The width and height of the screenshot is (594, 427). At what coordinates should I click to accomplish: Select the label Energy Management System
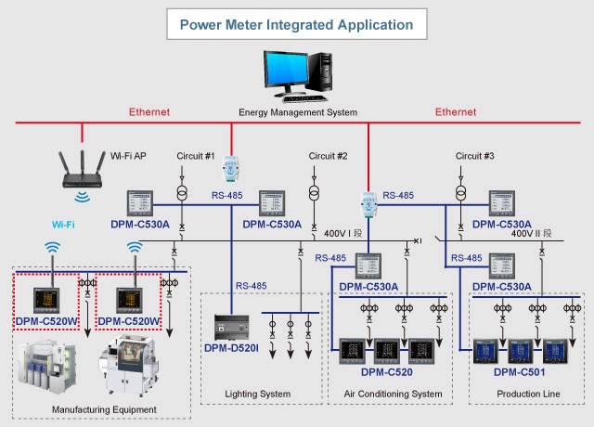pyautogui.click(x=298, y=112)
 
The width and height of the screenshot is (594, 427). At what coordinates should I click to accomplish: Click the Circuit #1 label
pyautogui.click(x=196, y=155)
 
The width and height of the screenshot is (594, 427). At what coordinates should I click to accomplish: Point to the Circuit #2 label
pyautogui.click(x=328, y=155)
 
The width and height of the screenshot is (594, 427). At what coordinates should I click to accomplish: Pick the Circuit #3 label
pyautogui.click(x=474, y=155)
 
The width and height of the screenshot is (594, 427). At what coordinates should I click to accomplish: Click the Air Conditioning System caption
pyautogui.click(x=393, y=394)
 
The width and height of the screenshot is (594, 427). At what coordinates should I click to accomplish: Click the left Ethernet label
pyautogui.click(x=150, y=112)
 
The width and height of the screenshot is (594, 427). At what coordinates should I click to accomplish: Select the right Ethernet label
pyautogui.click(x=456, y=112)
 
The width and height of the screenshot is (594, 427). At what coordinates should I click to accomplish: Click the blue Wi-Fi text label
pyautogui.click(x=63, y=225)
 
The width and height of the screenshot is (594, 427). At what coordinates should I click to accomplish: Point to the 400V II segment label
pyautogui.click(x=535, y=233)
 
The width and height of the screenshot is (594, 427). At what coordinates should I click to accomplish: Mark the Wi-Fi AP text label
pyautogui.click(x=128, y=156)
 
